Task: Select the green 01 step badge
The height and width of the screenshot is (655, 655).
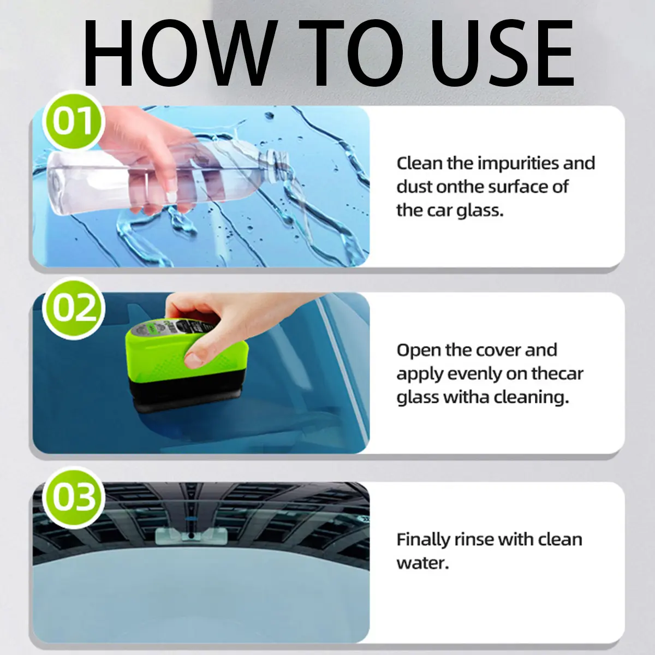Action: (73, 121)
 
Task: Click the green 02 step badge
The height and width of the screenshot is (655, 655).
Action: (73, 308)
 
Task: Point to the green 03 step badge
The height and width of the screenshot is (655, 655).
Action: (73, 497)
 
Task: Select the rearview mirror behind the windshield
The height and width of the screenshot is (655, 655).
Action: (191, 537)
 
